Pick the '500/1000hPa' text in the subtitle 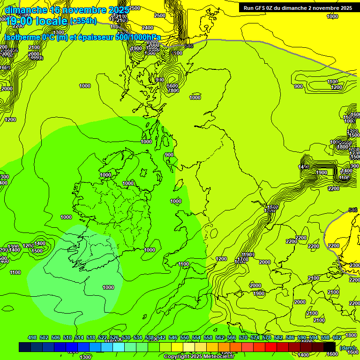pyautogui.click(x=138, y=37)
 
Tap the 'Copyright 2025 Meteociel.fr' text pyautogui.click(x=198, y=356)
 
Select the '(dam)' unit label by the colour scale pyautogui.click(x=347, y=347)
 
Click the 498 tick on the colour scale pyautogui.click(x=32, y=337)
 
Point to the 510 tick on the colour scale pyautogui.click(x=67, y=337)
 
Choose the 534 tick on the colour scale pyautogui.click(x=138, y=337)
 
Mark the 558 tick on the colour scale pyautogui.click(x=208, y=337)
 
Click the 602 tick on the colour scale pyautogui.click(x=337, y=337)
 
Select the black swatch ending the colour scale pyautogui.click(x=330, y=347)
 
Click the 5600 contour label pyautogui.click(x=172, y=85)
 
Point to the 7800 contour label pyautogui.click(x=173, y=90)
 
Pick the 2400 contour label pyautogui.click(x=148, y=28)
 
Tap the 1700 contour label pyautogui.click(x=242, y=259)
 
